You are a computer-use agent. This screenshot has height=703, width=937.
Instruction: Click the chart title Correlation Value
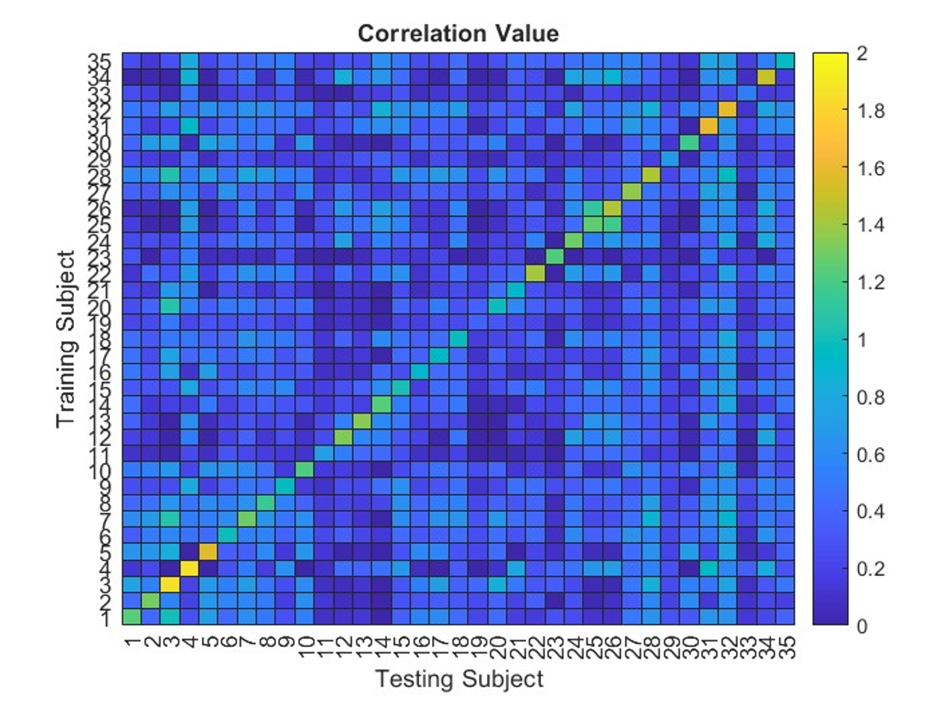[458, 34]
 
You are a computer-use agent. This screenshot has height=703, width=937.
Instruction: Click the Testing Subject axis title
[458, 679]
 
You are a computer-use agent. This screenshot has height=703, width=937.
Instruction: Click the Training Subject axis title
[67, 338]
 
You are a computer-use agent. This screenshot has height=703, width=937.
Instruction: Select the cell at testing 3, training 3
[170, 583]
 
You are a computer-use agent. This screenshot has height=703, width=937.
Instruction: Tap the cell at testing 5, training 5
[208, 551]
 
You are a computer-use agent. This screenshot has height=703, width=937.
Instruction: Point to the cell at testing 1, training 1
[132, 616]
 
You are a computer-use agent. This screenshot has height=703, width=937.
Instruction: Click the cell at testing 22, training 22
[534, 273]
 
